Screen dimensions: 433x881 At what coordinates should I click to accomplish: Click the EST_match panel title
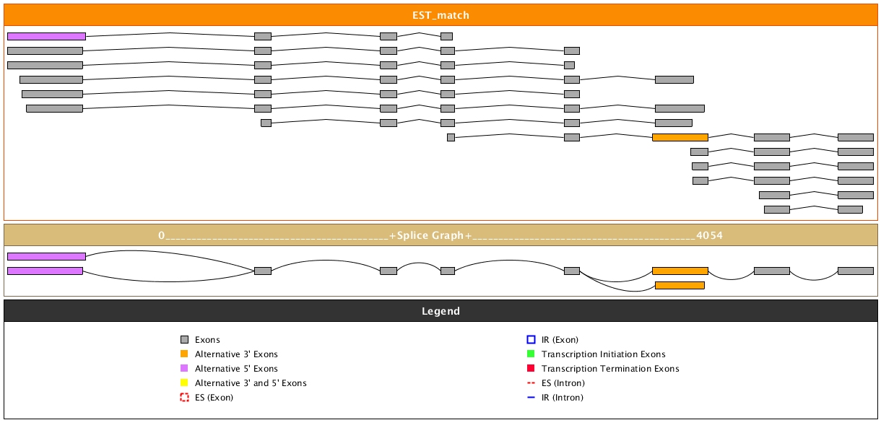[x=440, y=15]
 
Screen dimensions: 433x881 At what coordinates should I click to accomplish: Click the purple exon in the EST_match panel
[x=46, y=36]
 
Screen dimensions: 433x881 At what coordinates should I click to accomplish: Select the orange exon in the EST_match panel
[x=680, y=137]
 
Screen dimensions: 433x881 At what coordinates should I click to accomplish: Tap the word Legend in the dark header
[x=440, y=311]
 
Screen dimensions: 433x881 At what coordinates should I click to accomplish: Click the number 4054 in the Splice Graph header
[x=709, y=235]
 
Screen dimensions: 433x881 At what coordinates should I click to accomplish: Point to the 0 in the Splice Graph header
[x=162, y=235]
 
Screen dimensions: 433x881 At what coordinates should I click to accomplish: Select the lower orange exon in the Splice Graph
[x=680, y=285]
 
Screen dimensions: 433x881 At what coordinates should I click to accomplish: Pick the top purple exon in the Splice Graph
[x=46, y=256]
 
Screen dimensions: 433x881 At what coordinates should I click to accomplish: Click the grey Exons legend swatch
[x=184, y=340]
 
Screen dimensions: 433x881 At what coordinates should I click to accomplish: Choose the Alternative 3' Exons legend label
[x=236, y=354]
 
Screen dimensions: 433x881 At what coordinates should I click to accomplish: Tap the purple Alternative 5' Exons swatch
[x=184, y=369]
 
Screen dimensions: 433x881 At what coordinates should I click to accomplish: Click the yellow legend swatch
[x=184, y=383]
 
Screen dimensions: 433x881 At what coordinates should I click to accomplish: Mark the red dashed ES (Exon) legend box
[x=184, y=398]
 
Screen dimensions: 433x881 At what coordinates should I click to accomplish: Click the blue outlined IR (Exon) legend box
[x=531, y=340]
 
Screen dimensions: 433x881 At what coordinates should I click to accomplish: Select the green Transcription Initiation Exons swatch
[x=531, y=354]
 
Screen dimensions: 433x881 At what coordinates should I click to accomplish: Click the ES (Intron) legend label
[x=563, y=383]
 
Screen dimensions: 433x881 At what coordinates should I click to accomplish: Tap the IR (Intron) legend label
[x=563, y=398]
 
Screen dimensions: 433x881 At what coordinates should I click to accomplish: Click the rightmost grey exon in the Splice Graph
[x=856, y=271]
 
